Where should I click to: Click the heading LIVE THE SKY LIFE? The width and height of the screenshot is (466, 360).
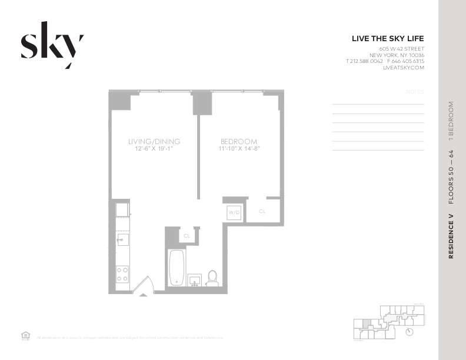(387, 39)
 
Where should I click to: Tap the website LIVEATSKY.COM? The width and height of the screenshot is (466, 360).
(403, 68)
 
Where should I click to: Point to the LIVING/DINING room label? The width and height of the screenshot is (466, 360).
(154, 142)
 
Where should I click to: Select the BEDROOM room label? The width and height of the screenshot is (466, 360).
(239, 142)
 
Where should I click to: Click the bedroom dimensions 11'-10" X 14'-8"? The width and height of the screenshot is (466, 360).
(239, 149)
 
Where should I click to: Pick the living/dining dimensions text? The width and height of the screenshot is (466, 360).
(154, 149)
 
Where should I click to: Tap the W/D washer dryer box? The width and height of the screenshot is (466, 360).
(234, 212)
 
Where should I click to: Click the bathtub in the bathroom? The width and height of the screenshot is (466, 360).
(177, 268)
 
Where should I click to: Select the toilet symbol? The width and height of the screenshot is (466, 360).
(212, 278)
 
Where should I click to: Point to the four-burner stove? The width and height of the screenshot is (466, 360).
(122, 274)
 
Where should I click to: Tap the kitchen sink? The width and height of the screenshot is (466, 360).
(122, 239)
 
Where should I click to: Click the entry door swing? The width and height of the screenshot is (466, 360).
(143, 286)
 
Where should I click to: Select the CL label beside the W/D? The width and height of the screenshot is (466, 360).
(262, 211)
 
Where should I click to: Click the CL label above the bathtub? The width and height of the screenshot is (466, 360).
(187, 235)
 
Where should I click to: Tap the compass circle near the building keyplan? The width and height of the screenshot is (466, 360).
(410, 331)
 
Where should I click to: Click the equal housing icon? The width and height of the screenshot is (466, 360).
(25, 336)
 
